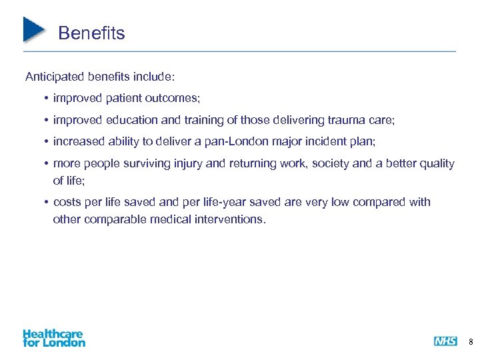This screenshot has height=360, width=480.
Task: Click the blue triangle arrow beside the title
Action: click(x=33, y=29)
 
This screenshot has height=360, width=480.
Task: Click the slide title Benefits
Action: click(x=91, y=33)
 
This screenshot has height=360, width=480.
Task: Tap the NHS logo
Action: click(x=445, y=341)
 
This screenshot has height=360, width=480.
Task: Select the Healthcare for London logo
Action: click(x=54, y=338)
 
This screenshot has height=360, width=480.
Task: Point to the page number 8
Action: click(x=471, y=342)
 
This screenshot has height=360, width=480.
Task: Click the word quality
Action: click(x=437, y=163)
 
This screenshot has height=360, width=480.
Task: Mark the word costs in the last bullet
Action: click(x=67, y=202)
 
